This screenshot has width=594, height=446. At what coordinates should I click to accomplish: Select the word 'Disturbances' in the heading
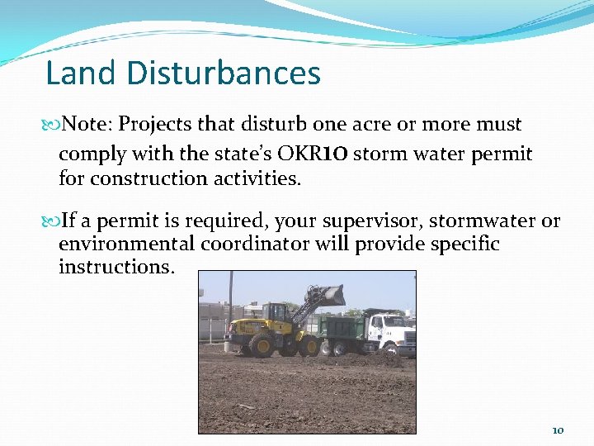(224, 74)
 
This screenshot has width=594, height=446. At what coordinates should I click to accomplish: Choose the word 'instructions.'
(116, 268)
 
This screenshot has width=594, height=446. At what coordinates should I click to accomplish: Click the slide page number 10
(558, 430)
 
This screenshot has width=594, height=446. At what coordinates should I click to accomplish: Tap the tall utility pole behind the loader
(231, 297)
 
